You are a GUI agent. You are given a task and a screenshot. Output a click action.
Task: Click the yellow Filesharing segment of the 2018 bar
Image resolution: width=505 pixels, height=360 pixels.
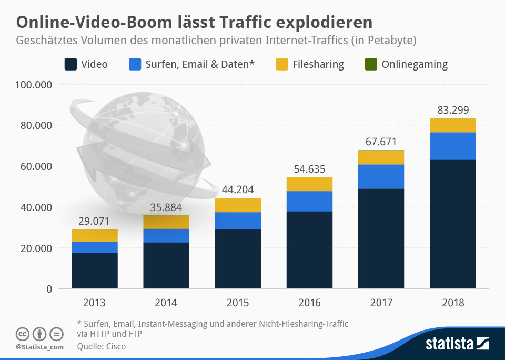[452, 125]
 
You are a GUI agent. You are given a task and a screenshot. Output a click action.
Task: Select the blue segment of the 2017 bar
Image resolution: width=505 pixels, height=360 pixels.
[381, 176]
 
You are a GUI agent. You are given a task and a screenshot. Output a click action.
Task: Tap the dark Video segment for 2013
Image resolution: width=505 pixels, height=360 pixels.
[95, 271]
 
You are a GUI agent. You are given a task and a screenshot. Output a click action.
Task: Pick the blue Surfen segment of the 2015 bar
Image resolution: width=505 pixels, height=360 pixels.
[238, 221]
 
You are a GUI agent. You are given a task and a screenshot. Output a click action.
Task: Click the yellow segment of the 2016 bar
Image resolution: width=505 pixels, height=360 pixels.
[309, 184]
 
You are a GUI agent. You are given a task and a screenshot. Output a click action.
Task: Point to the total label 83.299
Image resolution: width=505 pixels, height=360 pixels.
[453, 110]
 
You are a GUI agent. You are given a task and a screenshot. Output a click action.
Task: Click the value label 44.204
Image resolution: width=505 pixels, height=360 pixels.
[238, 190]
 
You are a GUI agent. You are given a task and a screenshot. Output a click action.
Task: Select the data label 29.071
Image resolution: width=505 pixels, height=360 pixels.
[95, 221]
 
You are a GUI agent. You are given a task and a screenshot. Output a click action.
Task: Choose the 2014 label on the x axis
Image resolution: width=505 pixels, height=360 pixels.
[166, 303]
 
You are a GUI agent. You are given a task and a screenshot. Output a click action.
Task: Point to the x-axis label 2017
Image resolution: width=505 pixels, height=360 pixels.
[381, 303]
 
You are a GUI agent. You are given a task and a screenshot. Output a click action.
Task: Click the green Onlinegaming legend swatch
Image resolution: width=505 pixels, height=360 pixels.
[371, 65]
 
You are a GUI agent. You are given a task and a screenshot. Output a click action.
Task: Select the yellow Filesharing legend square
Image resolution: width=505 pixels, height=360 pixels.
[281, 65]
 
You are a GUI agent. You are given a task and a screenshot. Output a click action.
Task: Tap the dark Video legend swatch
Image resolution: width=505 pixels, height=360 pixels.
[70, 65]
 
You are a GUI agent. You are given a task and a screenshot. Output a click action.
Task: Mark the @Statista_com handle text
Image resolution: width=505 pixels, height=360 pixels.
[39, 347]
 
